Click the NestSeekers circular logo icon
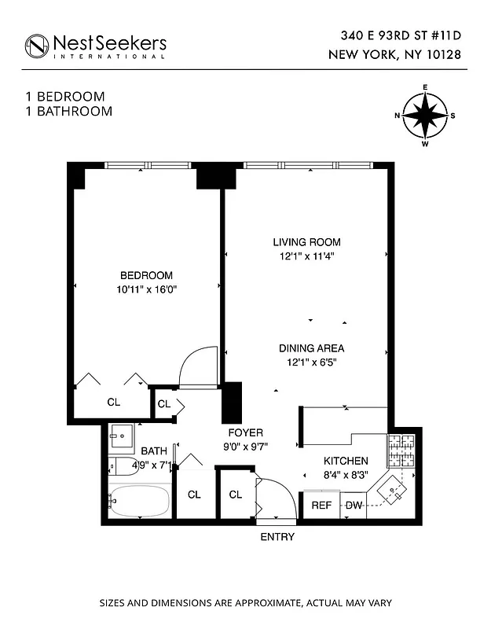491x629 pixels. tap(37, 46)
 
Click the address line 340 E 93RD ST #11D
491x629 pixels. tap(400, 35)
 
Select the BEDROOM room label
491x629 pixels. tap(146, 275)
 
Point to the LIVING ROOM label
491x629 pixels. tap(306, 242)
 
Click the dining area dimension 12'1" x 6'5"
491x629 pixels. tap(311, 362)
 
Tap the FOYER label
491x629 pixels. tap(245, 433)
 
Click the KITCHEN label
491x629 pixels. tap(346, 461)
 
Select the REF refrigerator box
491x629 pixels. tap(322, 505)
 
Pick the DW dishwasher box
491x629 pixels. tap(354, 505)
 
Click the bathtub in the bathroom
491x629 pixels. tap(138, 501)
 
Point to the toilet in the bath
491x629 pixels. tap(120, 466)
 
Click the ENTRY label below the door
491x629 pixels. tap(277, 537)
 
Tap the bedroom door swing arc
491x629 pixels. tap(198, 366)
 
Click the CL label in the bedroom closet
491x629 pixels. tap(114, 403)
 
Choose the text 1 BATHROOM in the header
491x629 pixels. tap(69, 112)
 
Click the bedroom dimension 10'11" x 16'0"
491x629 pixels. tap(146, 289)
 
